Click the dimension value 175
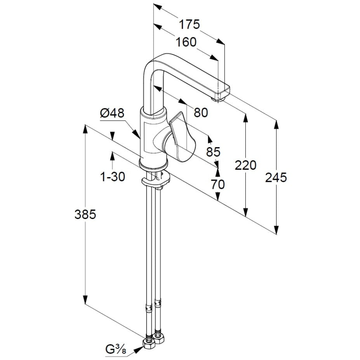[189, 24]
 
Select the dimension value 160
[186, 42]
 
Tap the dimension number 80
[201, 113]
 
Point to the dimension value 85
[213, 151]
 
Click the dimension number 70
[217, 184]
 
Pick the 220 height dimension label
[245, 165]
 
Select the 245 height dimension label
[276, 177]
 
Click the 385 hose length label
[85, 215]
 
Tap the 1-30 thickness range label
[113, 177]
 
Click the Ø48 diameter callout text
[112, 113]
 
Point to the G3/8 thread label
[116, 350]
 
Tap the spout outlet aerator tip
[218, 99]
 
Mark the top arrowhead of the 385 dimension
[85, 129]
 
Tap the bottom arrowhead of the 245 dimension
[276, 230]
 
